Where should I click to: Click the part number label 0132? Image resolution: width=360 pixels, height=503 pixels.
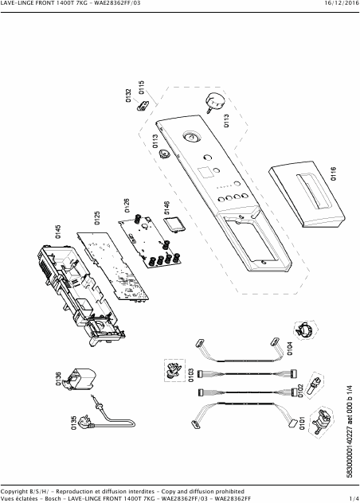(128, 96)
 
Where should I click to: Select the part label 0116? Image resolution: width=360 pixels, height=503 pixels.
(334, 174)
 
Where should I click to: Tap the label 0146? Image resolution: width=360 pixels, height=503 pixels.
(166, 208)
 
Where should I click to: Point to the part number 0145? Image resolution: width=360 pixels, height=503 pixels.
(58, 232)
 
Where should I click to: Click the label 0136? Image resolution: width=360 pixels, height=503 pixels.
(58, 379)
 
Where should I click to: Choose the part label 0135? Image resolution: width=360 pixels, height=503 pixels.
(74, 423)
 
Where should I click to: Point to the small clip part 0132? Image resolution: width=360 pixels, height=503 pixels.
(143, 106)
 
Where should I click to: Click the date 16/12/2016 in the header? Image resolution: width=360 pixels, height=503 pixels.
(342, 3)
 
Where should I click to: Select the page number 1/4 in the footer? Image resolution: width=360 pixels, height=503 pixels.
(354, 498)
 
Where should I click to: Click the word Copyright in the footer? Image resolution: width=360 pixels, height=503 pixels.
(14, 492)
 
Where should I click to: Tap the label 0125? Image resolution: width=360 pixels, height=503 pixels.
(97, 218)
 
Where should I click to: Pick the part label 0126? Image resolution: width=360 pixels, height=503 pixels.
(127, 205)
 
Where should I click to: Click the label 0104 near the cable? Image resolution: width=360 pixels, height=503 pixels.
(290, 349)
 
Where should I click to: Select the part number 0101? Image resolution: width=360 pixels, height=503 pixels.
(302, 423)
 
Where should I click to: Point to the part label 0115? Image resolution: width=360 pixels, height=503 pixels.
(142, 88)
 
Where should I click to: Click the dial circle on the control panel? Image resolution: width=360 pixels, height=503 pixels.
(191, 138)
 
